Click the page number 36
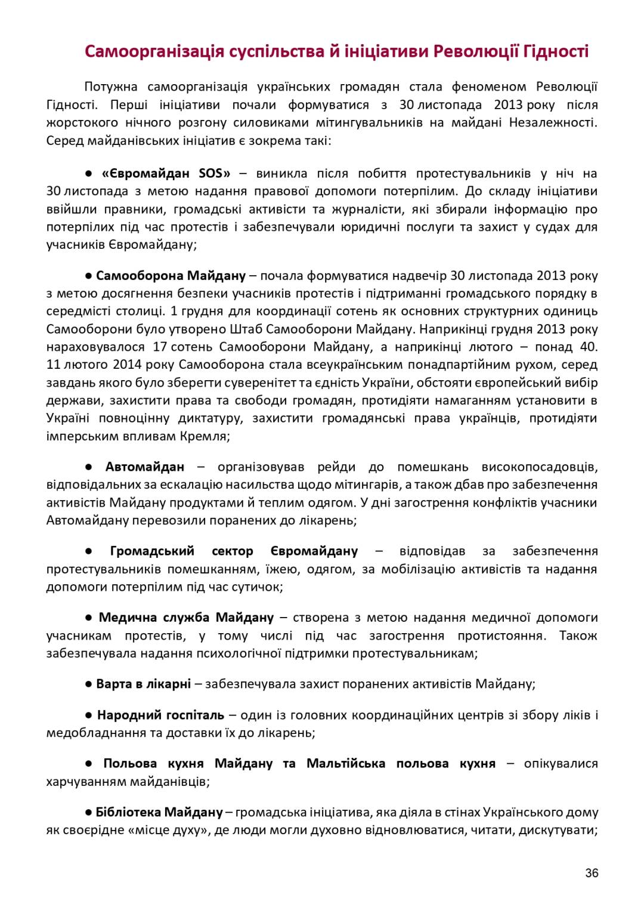tap(592, 873)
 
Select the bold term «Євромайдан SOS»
tap(166, 174)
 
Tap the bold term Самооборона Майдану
tap(171, 276)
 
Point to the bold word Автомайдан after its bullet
tap(145, 467)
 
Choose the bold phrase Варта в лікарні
tap(143, 683)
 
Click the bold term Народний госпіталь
tap(160, 714)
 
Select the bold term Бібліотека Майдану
tap(159, 812)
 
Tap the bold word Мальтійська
tap(346, 763)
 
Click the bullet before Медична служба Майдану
tap(88, 617)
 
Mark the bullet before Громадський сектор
tap(88, 551)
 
